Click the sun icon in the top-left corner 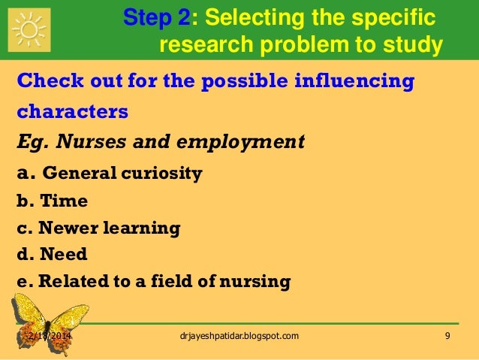coord(30,29)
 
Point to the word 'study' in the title coord(412,47)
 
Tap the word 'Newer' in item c coord(67,228)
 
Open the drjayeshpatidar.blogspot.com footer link coord(235,335)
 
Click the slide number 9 coord(447,335)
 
